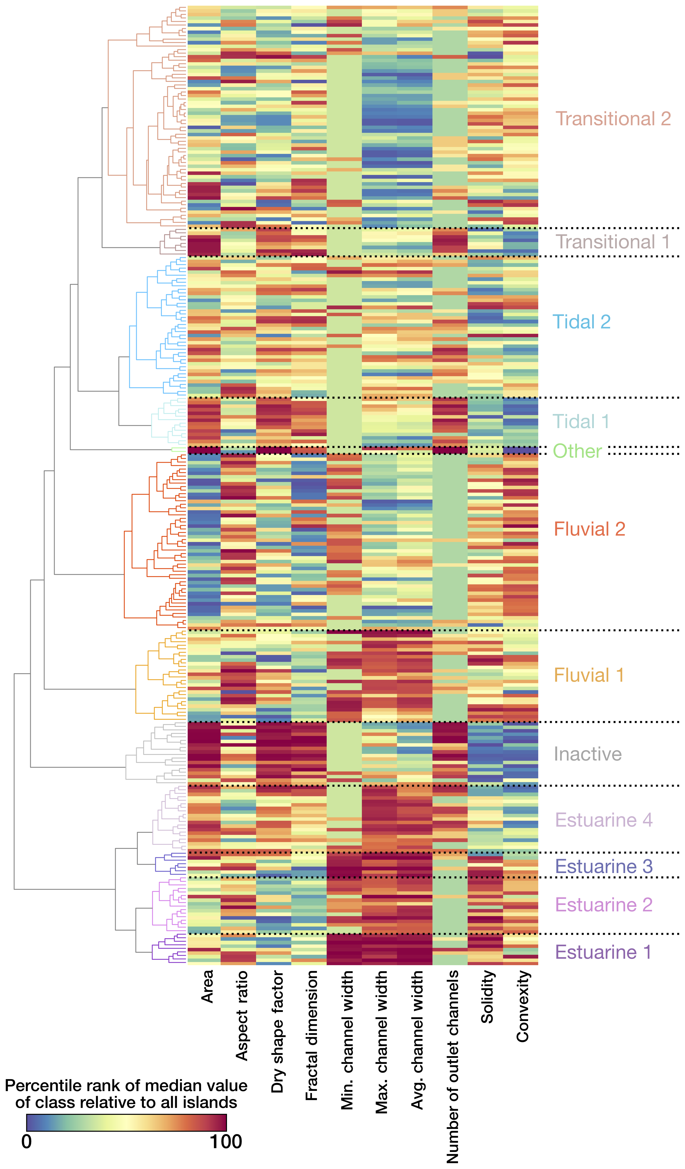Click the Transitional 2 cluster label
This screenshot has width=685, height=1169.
[613, 119]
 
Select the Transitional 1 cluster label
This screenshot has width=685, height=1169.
[612, 242]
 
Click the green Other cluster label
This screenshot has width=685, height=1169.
[577, 451]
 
